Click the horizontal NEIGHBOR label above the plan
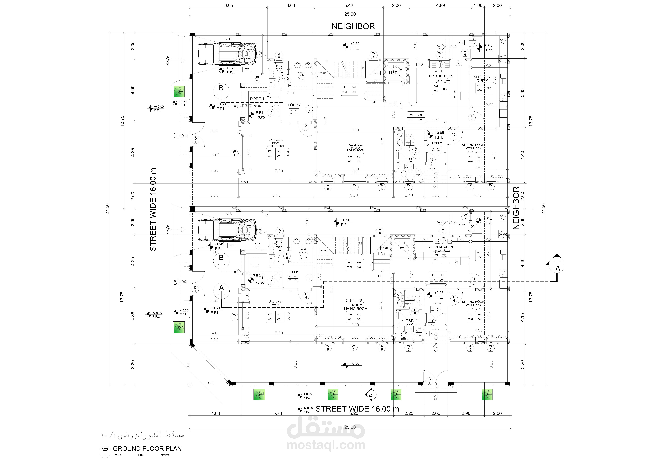pyautogui.click(x=353, y=26)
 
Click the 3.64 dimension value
pyautogui.click(x=291, y=5)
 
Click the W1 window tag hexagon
pyautogui.click(x=234, y=153)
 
